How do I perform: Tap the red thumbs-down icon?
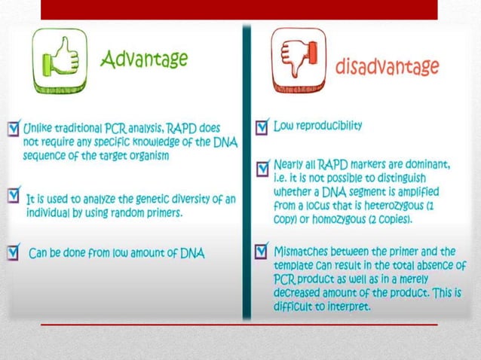(299, 60)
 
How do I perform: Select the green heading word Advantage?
(144, 58)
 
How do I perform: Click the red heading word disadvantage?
(387, 67)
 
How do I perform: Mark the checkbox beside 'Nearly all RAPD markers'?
(261, 166)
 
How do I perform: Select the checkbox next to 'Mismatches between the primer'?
(261, 249)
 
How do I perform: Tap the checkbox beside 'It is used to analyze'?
(14, 196)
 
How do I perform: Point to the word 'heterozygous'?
(406, 206)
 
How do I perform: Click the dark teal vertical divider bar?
(245, 173)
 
